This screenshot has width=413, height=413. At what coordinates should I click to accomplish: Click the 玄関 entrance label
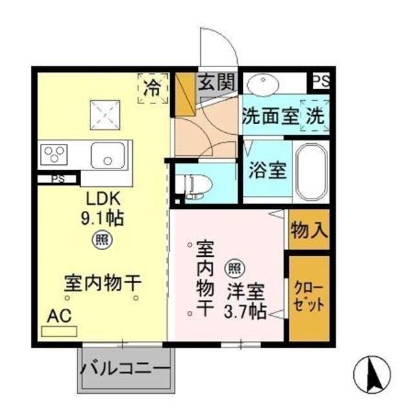[217, 83]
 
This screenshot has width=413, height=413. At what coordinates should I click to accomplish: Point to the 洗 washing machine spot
[315, 117]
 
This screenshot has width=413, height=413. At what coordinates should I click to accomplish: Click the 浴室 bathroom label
[262, 169]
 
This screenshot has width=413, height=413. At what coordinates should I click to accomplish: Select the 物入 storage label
[308, 229]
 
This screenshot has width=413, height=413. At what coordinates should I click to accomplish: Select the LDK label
[104, 198]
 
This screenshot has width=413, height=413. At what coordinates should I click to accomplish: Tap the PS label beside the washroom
[319, 82]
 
